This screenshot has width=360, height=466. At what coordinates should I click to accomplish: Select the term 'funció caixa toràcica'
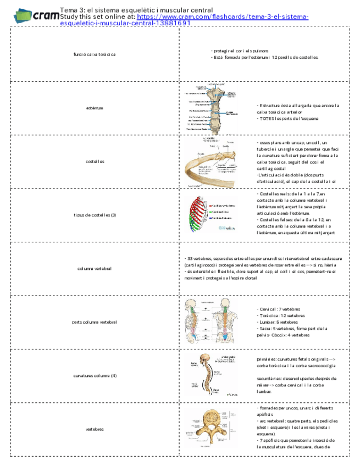click(x=94, y=54)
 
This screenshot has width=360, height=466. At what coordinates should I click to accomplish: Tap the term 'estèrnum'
click(x=94, y=108)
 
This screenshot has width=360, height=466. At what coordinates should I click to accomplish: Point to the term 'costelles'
click(x=94, y=161)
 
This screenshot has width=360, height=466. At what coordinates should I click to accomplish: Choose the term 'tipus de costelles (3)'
click(x=94, y=214)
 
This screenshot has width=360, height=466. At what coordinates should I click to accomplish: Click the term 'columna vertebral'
click(x=94, y=268)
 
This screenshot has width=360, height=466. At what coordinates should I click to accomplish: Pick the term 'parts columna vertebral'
click(x=94, y=321)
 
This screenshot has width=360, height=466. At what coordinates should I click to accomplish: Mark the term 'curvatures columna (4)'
click(x=94, y=375)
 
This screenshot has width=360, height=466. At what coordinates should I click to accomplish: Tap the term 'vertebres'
click(x=94, y=429)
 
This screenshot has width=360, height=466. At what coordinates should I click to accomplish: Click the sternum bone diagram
click(x=212, y=108)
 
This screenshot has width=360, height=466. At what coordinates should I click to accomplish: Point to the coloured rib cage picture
click(x=212, y=215)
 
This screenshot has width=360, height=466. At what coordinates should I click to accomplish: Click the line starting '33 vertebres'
click(x=264, y=258)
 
